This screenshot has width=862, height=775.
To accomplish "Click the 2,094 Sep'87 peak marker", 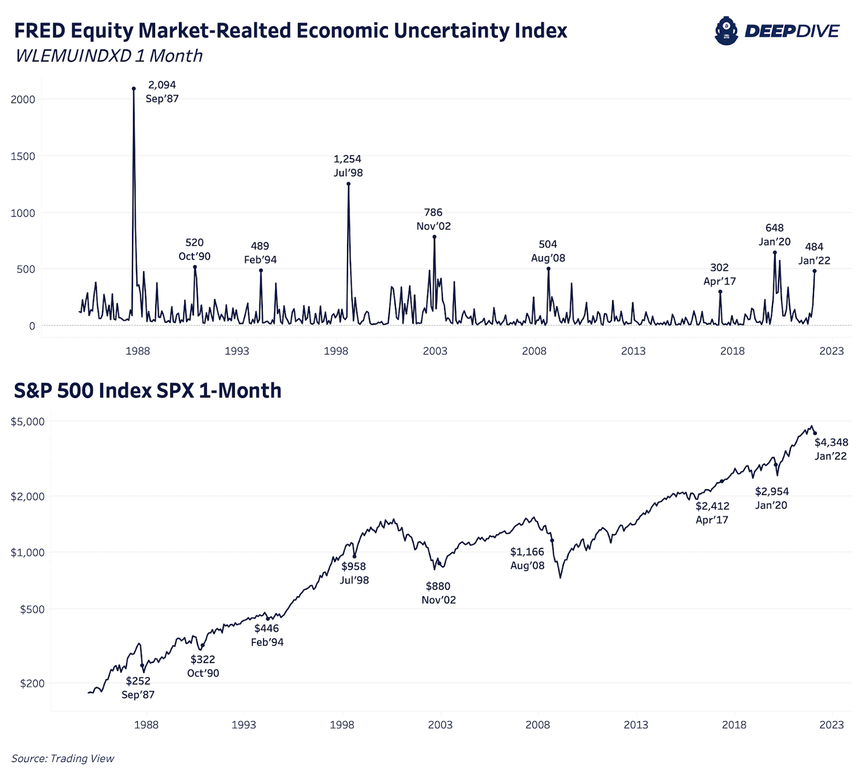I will tap(134, 89).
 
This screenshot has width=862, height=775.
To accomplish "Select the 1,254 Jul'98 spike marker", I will tap(349, 184).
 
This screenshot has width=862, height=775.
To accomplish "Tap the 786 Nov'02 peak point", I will tap(435, 237).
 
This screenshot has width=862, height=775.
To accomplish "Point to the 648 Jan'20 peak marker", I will tap(774, 253).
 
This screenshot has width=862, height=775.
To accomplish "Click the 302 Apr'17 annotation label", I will tap(719, 275).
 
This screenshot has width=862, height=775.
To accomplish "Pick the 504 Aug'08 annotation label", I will tap(548, 251).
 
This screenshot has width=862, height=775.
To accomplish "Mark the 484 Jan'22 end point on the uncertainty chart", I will tap(815, 271).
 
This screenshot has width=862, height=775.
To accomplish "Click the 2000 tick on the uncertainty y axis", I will tap(23, 99).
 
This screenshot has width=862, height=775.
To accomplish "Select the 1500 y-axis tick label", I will tap(23, 156).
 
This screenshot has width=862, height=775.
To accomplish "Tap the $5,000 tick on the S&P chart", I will tap(28, 421).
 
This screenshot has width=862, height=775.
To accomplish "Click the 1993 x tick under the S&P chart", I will tap(244, 725).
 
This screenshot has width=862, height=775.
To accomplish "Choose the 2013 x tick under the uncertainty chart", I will tap(633, 351).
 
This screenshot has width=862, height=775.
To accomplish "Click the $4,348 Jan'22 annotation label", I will tap(831, 449).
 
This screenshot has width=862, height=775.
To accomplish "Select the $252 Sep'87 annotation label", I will tap(138, 688).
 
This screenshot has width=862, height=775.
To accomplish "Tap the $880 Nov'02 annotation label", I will tap(439, 593).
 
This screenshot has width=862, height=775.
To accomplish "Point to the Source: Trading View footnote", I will tap(63, 758).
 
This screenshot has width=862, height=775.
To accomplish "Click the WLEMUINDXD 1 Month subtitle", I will tap(109, 56).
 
